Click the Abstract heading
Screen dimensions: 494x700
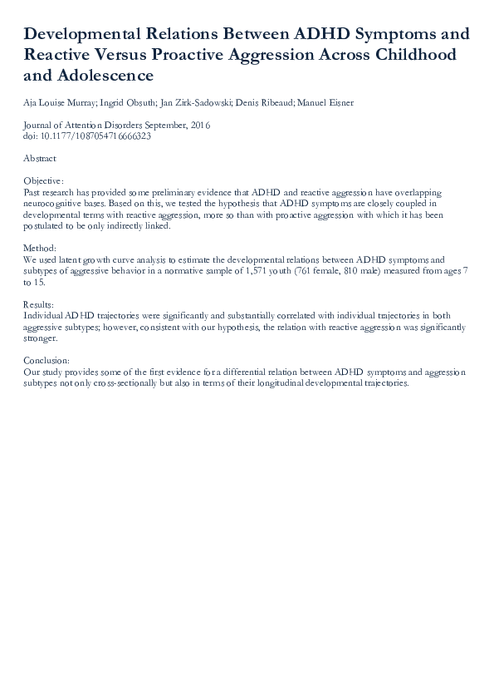(x=40, y=158)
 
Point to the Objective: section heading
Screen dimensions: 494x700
(x=43, y=180)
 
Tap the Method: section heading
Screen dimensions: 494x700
(x=40, y=248)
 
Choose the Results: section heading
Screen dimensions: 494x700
(x=39, y=304)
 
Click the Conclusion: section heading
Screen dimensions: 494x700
(x=46, y=361)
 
